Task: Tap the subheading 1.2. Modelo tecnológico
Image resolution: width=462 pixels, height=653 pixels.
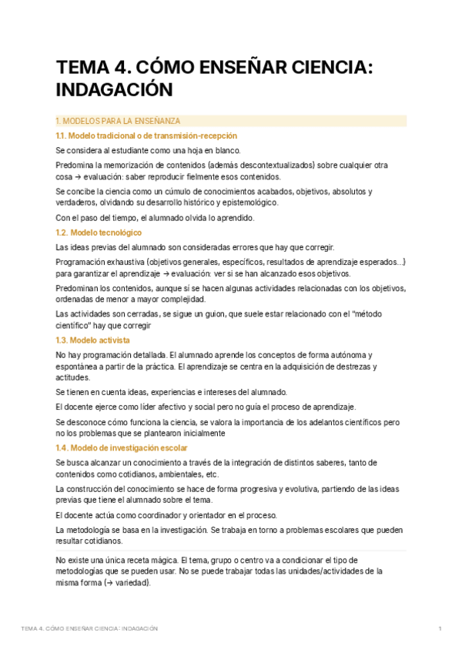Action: [x=99, y=232]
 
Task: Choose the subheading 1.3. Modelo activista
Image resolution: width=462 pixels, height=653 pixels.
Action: [x=93, y=340]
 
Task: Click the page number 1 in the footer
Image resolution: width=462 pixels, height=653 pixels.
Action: [x=440, y=629]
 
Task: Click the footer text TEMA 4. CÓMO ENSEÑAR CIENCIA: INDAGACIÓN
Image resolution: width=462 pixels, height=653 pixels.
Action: [x=89, y=629]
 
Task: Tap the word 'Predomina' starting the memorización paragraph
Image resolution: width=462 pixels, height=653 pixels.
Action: [x=75, y=165]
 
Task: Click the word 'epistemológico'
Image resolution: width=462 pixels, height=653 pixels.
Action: [x=249, y=203]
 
